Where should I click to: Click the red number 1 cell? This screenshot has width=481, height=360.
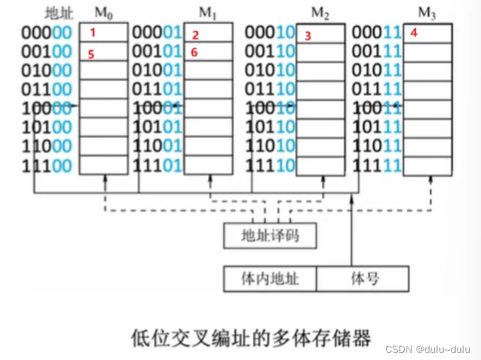click(103, 33)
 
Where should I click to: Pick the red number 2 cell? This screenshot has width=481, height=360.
click(208, 34)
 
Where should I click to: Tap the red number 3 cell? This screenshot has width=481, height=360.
click(320, 35)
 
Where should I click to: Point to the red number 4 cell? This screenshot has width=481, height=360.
click(427, 33)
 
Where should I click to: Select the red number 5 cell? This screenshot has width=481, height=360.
click(103, 52)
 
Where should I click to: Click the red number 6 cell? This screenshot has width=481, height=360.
click(208, 52)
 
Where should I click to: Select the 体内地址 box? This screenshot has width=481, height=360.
click(270, 278)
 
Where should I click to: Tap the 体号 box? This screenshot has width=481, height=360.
click(363, 278)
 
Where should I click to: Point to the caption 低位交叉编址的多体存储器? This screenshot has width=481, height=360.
click(251, 336)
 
